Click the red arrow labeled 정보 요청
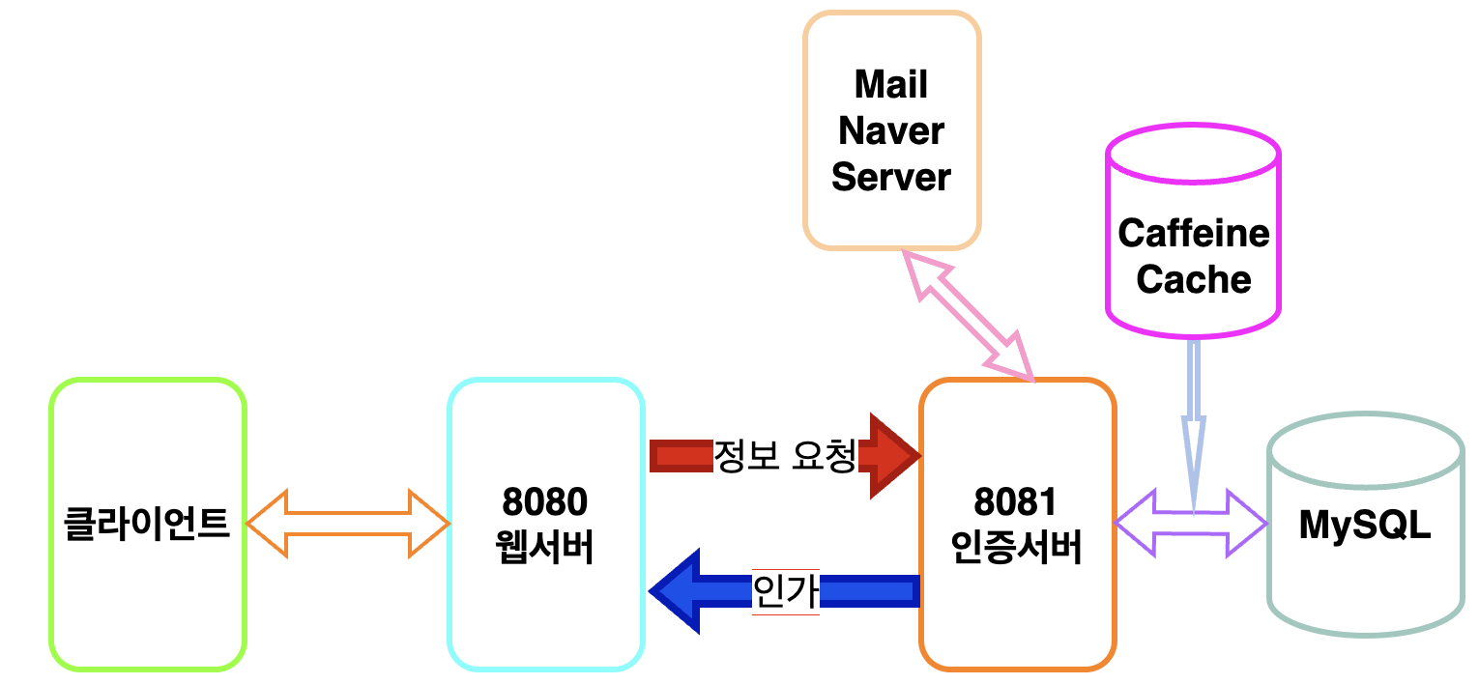(783, 455)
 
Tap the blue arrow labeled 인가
(783, 590)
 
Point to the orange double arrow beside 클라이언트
(348, 525)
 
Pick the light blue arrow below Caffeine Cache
(1194, 415)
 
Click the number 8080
(545, 502)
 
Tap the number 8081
(1016, 502)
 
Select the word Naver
(891, 131)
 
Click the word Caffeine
(1194, 234)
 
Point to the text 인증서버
(1016, 548)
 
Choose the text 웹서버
(545, 548)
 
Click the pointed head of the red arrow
(894, 455)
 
